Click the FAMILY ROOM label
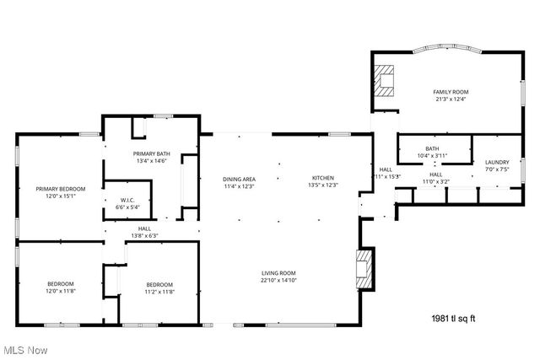coord(451,92)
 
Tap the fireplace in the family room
coord(386,80)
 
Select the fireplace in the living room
coord(364,267)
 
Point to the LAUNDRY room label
coord(496,162)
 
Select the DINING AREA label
coord(239,179)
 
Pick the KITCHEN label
coord(323,179)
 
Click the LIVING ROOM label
coord(278,272)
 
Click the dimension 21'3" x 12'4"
coord(451,99)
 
